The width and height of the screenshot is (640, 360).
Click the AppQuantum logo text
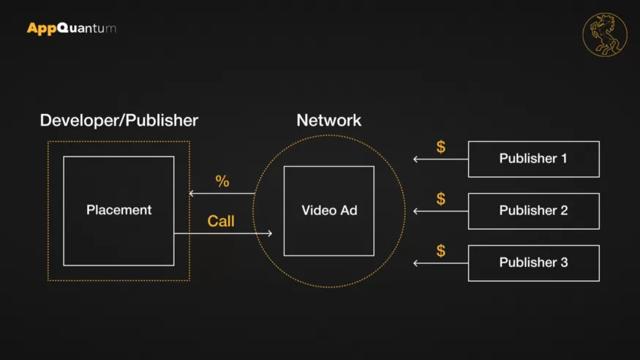tap(71, 29)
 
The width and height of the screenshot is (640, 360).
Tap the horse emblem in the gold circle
tap(605, 34)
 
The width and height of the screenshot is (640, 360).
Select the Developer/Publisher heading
tap(118, 120)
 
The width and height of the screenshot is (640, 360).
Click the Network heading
tap(328, 120)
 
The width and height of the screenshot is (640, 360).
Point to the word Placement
tap(118, 210)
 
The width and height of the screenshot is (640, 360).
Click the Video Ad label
tap(329, 211)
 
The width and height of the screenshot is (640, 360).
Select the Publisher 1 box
tap(533, 159)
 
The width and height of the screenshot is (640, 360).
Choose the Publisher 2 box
tap(533, 211)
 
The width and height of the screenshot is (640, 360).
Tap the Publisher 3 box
tap(533, 263)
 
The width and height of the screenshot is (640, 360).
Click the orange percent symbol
tap(222, 181)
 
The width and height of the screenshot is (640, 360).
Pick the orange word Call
tap(221, 221)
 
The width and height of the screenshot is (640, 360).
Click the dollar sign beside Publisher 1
tap(440, 147)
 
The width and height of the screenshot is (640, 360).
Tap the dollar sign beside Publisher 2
tap(440, 199)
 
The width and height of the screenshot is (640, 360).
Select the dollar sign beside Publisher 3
tap(440, 251)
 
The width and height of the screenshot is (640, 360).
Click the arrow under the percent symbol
tap(222, 193)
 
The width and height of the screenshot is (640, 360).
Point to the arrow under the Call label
tap(223, 233)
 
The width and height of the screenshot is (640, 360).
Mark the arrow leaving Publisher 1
tap(440, 159)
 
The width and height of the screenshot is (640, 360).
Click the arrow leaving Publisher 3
tap(440, 263)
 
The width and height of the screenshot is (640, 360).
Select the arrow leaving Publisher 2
tap(440, 211)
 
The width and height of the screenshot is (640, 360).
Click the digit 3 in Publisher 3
tap(563, 263)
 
